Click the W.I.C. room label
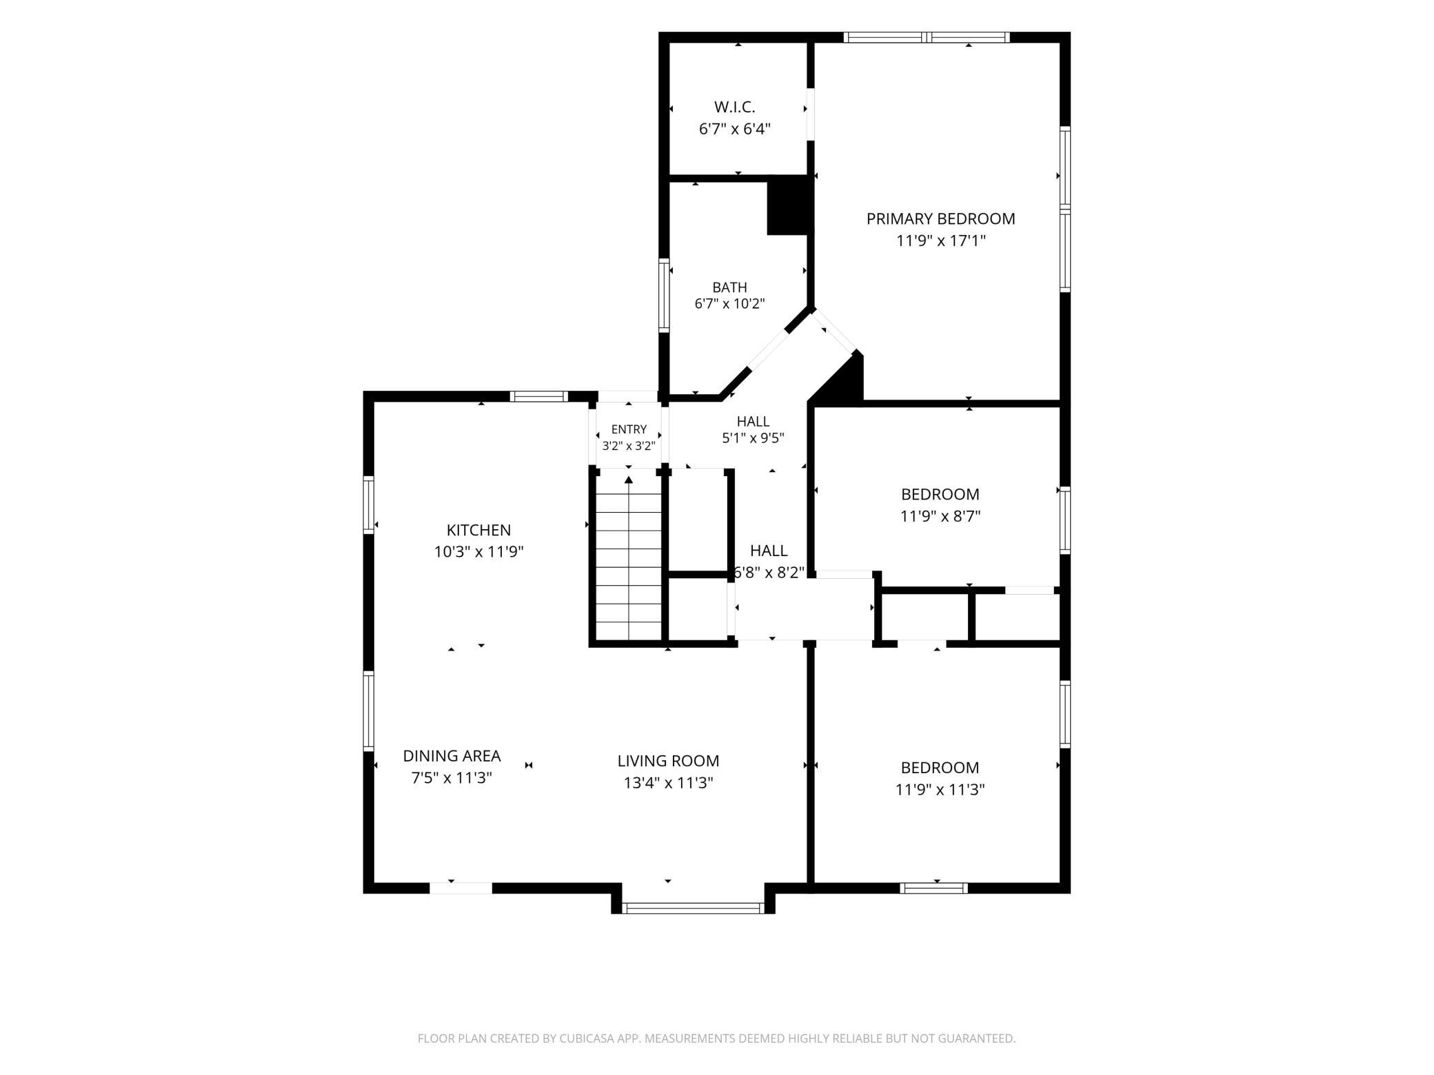734,107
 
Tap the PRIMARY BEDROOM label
940,219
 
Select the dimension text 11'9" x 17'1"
941,241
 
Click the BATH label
729,287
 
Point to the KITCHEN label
478,530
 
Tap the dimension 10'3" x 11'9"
478,552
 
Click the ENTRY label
629,429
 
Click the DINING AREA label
452,756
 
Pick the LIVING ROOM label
668,761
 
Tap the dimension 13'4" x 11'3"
668,783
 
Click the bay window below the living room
693,908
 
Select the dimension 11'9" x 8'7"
940,516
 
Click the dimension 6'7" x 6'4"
734,129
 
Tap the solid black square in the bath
787,205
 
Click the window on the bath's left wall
664,295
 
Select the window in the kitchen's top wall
539,396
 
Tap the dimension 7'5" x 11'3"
452,778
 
